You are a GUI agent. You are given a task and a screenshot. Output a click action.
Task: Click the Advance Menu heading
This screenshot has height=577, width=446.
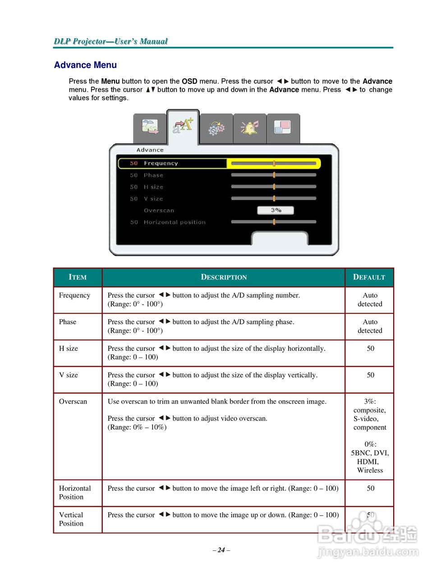(85, 65)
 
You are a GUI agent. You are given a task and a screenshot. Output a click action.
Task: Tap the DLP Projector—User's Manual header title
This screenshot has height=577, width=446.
(110, 41)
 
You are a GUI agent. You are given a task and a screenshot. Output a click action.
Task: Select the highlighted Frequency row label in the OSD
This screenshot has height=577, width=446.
(161, 163)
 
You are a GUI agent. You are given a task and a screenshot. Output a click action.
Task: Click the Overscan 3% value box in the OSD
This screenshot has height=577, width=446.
(276, 210)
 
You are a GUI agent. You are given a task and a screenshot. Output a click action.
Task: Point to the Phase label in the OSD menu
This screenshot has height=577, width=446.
(153, 175)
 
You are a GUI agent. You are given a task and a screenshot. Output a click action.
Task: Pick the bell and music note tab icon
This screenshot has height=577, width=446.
(249, 128)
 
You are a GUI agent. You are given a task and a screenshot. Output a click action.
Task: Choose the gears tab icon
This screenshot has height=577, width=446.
(216, 128)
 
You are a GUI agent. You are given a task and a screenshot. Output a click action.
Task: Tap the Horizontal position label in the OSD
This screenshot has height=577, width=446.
(175, 222)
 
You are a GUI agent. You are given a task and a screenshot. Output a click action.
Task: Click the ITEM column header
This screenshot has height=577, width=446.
(78, 277)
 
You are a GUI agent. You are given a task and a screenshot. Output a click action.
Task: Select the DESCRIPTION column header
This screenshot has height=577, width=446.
(224, 277)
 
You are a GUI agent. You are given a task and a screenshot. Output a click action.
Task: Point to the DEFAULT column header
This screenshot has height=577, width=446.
(369, 277)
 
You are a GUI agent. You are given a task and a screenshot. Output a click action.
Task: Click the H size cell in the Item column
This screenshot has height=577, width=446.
(69, 348)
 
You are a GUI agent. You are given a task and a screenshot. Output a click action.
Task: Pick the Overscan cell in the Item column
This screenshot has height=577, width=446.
(73, 402)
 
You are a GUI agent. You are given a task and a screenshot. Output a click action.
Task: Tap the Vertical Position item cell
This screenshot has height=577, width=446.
(71, 519)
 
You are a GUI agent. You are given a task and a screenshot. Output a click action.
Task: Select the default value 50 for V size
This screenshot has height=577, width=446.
(370, 375)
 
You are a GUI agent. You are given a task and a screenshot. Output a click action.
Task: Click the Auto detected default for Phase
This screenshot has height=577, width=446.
(370, 326)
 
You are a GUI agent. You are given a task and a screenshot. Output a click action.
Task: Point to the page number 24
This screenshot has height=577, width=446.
(221, 550)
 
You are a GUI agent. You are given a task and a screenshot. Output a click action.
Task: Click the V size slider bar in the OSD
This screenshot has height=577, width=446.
(273, 198)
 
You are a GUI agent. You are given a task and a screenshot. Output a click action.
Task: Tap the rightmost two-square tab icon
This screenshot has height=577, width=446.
(282, 128)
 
